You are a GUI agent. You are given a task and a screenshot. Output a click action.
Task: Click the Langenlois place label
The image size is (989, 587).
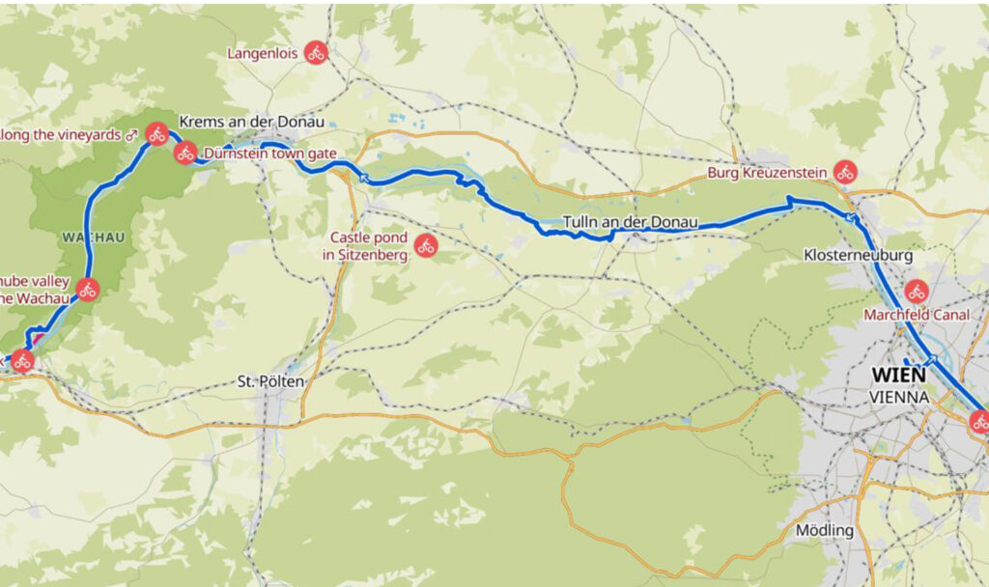tap(263, 53)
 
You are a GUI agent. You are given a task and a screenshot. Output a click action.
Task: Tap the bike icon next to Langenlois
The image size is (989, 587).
tap(316, 53)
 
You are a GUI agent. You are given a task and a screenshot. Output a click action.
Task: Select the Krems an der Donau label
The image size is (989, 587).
tap(251, 122)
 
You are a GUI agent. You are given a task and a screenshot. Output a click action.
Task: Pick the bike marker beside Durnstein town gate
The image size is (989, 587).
tap(185, 152)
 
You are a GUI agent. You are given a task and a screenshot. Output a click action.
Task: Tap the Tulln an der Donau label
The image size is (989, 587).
tap(630, 221)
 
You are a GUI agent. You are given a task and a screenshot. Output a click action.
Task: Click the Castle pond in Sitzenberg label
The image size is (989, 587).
tap(369, 246)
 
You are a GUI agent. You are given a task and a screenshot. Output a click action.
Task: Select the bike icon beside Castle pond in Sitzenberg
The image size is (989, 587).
tap(426, 246)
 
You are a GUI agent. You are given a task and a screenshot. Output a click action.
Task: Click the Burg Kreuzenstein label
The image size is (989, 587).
tap(768, 173)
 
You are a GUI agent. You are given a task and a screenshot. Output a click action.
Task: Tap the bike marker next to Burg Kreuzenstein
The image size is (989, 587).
tap(845, 172)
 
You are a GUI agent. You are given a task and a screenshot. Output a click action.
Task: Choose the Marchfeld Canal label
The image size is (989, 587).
tap(916, 315)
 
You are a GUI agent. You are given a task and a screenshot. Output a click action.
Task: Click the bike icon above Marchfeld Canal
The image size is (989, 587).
tap(917, 291)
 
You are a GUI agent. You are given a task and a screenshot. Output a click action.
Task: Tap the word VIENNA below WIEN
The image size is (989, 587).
tap(899, 397)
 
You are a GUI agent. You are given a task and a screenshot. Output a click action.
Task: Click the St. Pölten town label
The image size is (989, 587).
tap(270, 381)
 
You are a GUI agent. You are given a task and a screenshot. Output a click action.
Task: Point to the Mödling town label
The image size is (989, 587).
tap(824, 530)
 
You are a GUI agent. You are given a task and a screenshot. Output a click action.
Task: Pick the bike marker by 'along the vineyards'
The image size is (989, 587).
tap(157, 134)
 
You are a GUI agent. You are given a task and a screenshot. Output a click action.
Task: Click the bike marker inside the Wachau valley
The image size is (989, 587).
tap(87, 289)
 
